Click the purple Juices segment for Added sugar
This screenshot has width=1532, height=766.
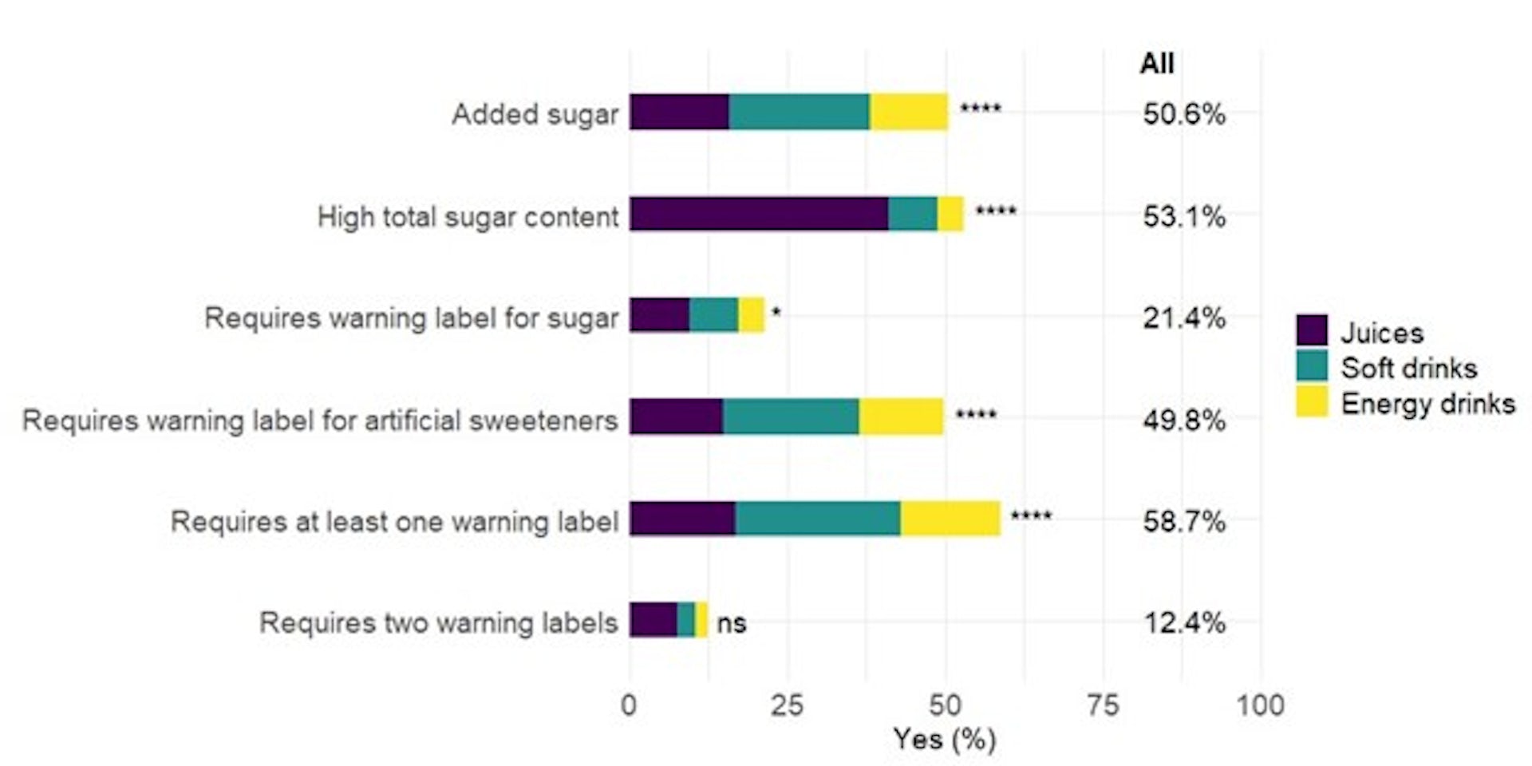[679, 112]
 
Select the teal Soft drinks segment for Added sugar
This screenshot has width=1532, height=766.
[799, 112]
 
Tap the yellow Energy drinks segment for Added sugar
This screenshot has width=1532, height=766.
[909, 112]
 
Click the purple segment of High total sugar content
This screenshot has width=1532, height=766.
[759, 214]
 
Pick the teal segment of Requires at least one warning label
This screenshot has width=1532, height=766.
[818, 519]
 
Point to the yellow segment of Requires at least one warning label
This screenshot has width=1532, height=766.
[950, 519]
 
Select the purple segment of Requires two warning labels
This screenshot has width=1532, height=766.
[653, 620]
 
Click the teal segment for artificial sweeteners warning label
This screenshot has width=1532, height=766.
[791, 417]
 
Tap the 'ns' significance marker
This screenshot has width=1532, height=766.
[731, 622]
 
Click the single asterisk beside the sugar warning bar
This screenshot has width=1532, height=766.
[776, 314]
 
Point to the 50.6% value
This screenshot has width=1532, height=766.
[1183, 114]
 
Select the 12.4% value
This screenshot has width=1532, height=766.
[1184, 622]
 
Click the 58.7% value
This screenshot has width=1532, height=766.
[1183, 521]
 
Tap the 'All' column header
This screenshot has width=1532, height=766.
[1156, 63]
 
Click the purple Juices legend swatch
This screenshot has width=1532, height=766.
[1312, 330]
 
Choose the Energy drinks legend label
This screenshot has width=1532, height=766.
[1427, 404]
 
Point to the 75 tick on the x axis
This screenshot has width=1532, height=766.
[1103, 705]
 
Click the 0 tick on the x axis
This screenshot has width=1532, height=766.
[629, 705]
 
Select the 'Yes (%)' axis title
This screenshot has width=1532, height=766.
[944, 740]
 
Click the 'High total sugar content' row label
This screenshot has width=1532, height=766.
[468, 216]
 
